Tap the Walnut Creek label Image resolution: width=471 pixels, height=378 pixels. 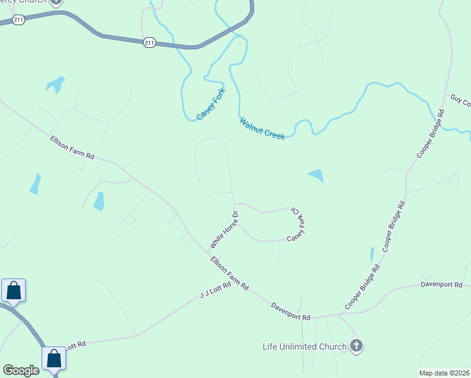[262, 129]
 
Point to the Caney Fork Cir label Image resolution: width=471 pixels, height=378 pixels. [297, 224]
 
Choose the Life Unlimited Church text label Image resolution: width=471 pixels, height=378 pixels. [305, 346]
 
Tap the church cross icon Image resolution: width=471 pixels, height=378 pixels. [356, 346]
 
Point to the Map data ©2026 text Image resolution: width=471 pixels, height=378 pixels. [444, 373]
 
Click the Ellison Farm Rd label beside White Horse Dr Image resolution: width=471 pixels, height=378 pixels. [229, 273]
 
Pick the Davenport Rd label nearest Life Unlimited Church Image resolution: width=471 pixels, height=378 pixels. [291, 312]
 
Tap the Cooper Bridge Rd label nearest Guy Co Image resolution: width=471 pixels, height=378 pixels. [431, 134]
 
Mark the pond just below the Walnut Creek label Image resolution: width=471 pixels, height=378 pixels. [315, 176]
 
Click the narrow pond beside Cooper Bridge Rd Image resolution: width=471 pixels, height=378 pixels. [372, 255]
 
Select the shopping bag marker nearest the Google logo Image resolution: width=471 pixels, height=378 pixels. [55, 358]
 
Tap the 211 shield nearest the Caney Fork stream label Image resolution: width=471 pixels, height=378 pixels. [149, 42]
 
